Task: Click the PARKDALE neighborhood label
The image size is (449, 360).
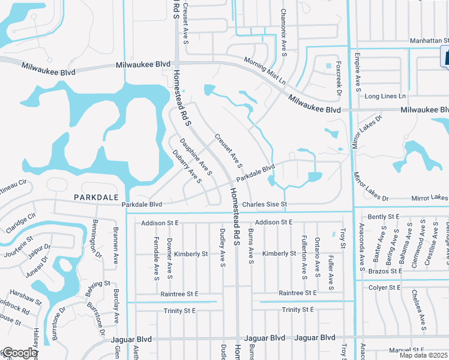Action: [93, 197]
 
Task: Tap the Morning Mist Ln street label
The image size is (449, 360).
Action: [265, 70]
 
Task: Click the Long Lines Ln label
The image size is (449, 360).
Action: [385, 96]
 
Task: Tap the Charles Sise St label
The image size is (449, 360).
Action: [265, 205]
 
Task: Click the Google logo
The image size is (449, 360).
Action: [19, 353]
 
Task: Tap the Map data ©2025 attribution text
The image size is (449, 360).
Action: [423, 355]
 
